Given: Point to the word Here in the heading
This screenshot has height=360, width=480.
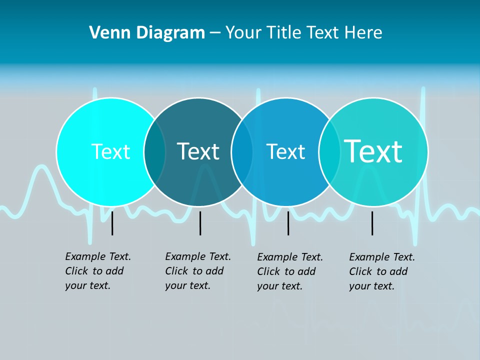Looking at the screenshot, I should pyautogui.click(x=363, y=33).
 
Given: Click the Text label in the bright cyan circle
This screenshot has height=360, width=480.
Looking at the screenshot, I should pyautogui.click(x=110, y=151).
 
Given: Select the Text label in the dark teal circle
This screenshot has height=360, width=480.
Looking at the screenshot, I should pyautogui.click(x=198, y=151).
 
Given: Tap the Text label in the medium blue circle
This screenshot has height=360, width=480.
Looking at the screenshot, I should pyautogui.click(x=285, y=151).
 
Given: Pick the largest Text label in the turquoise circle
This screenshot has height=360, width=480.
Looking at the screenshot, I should pyautogui.click(x=373, y=151).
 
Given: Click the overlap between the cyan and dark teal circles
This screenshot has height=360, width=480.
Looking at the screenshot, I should pyautogui.click(x=155, y=152).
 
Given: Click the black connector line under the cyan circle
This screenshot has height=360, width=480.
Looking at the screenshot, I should pyautogui.click(x=112, y=223).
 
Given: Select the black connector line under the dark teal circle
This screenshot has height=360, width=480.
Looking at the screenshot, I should pyautogui.click(x=200, y=223).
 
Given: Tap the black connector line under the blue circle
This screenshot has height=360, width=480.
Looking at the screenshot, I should pyautogui.click(x=288, y=223).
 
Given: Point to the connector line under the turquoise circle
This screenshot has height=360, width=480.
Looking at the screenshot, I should pyautogui.click(x=372, y=223).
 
